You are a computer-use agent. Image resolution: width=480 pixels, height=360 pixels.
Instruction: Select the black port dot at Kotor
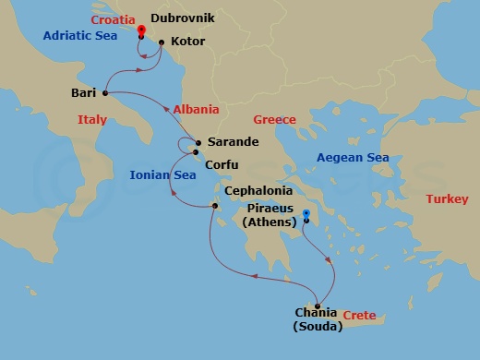(x=162, y=42)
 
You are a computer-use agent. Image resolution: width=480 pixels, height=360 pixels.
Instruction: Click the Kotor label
(x=187, y=42)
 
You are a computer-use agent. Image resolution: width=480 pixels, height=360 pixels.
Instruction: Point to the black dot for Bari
(x=105, y=92)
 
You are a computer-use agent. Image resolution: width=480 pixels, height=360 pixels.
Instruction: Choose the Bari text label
(x=84, y=92)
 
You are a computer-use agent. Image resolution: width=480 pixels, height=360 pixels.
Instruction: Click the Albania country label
(x=195, y=108)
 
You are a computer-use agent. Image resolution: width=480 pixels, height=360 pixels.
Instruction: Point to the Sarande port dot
(x=196, y=143)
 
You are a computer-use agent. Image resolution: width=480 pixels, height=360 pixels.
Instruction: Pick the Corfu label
(x=222, y=164)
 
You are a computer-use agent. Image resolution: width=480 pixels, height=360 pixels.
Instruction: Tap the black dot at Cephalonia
(x=213, y=207)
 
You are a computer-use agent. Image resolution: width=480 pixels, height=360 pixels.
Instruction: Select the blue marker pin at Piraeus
(x=306, y=215)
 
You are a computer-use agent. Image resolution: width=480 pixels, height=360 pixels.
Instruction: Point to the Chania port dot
(x=318, y=307)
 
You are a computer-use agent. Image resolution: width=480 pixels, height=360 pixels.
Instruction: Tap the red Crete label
(x=359, y=316)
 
